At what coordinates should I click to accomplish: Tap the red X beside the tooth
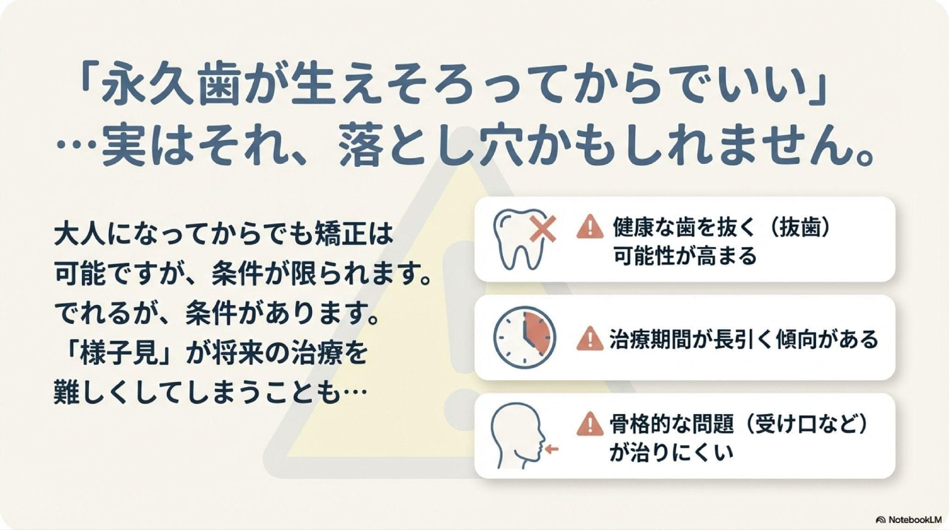coord(543,231)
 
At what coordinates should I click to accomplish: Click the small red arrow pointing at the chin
coord(552,449)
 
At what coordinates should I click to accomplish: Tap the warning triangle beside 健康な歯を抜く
coord(590,227)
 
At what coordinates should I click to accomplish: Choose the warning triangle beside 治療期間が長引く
coord(590,338)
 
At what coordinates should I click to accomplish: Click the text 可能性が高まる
coord(684,255)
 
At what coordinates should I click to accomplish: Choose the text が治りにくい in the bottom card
coord(671,452)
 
